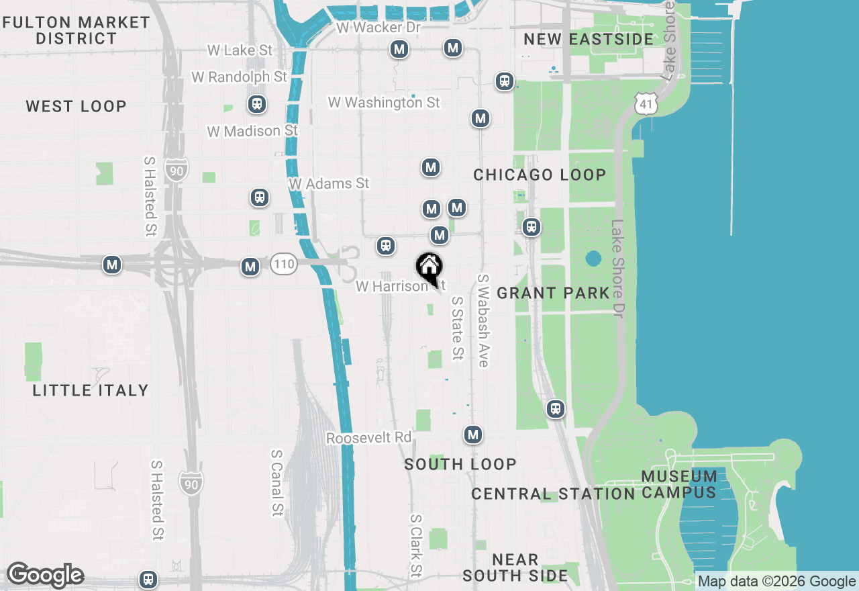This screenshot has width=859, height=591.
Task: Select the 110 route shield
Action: [284, 264]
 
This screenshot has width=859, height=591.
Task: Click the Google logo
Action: [45, 576]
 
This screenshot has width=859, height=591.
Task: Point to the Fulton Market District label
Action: [77, 30]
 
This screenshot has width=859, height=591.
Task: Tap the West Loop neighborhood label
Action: [76, 106]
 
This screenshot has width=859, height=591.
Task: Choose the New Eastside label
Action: [588, 39]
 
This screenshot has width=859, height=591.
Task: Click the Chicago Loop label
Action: [540, 175]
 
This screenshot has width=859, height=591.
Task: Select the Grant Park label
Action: [554, 293]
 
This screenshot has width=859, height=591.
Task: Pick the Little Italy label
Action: [91, 390]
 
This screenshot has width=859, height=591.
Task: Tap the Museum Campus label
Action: [679, 484]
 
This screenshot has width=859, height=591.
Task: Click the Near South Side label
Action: [515, 567]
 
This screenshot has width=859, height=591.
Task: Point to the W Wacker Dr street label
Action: [378, 28]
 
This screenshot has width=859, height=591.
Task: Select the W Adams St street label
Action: [329, 183]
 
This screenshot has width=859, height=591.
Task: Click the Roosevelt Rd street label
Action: [368, 438]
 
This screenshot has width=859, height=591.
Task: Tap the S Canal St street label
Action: [276, 482]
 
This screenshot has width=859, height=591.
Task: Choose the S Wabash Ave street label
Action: [483, 320]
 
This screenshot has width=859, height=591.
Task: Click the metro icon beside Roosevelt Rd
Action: [473, 435]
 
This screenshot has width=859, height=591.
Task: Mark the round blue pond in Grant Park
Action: [593, 259]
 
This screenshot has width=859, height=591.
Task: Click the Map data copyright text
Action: [777, 582]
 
